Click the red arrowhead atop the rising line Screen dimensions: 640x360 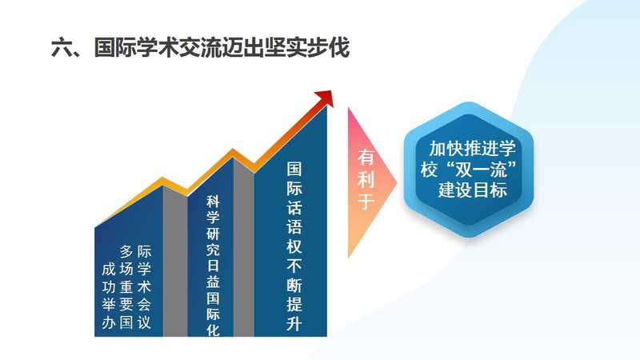(x=326, y=98)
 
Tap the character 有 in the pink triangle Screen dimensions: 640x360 (x=366, y=157)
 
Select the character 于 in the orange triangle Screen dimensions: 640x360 (x=366, y=202)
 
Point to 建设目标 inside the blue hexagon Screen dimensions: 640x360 (x=473, y=190)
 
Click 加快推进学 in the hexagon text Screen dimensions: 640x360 (x=472, y=148)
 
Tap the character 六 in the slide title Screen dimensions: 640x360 (x=62, y=48)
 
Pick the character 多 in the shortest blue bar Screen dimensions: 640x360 (x=126, y=251)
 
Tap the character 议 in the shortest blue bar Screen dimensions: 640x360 (x=144, y=322)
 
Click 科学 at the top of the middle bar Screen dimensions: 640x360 (x=213, y=210)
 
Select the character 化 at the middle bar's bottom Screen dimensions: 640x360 (x=213, y=330)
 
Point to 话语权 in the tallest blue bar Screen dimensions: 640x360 (x=294, y=226)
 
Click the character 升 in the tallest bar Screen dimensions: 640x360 (x=294, y=323)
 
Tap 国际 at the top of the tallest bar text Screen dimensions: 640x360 (x=294, y=178)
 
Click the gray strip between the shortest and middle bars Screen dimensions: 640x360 (x=175, y=262)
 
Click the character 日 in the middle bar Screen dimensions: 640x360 (x=213, y=266)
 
